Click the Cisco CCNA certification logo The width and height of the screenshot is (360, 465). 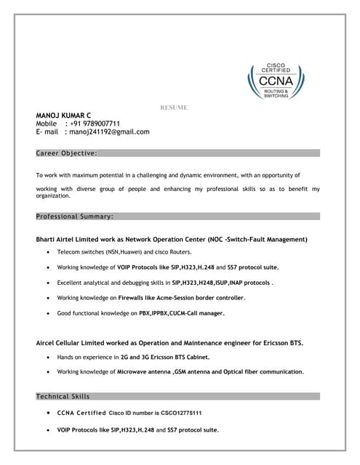click(280, 80)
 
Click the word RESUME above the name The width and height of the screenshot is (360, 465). click(174, 108)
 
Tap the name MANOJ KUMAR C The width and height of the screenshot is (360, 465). click(64, 116)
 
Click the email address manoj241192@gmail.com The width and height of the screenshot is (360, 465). click(110, 132)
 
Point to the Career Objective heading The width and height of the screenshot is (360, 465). click(66, 153)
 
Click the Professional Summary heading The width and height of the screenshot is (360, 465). click(74, 217)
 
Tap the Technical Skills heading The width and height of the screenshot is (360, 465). click(63, 397)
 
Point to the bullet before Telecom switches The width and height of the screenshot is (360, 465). click(48, 252)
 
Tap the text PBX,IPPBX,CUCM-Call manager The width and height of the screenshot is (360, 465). click(182, 313)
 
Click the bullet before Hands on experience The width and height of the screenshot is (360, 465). click(48, 357)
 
